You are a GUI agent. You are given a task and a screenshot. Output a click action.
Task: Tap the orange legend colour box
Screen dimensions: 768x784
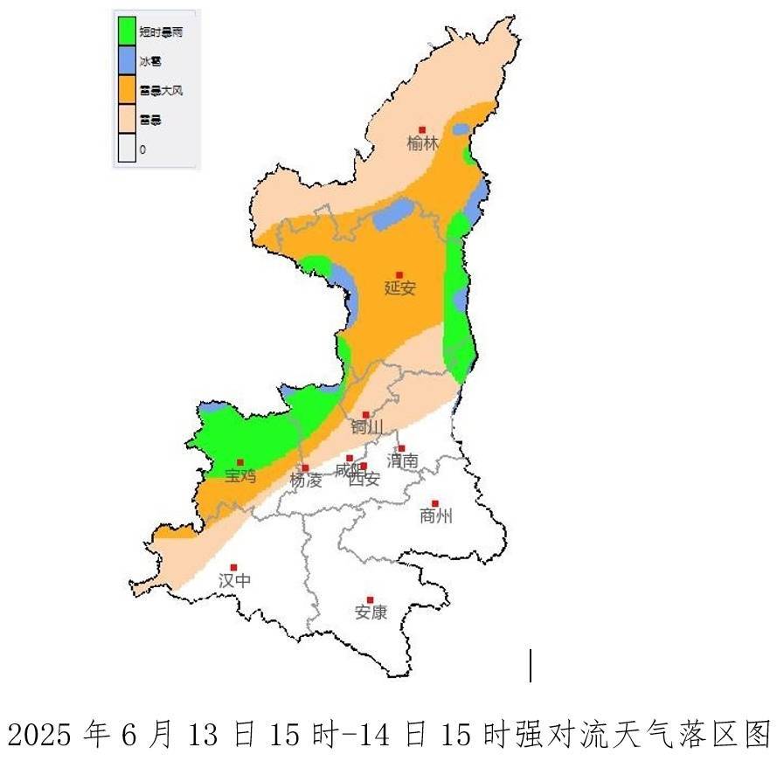[128, 89]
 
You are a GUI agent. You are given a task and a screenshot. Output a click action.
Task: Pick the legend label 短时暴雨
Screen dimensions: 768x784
[161, 31]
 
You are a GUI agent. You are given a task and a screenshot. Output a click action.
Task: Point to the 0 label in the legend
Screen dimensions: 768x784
[142, 149]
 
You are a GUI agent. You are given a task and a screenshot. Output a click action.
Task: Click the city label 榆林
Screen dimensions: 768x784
[423, 144]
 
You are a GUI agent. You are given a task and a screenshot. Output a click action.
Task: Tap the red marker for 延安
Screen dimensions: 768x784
[399, 275]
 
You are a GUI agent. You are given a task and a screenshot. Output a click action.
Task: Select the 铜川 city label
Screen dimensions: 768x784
[367, 427]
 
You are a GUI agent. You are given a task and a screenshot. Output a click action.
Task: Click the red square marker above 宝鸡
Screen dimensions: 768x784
[240, 462]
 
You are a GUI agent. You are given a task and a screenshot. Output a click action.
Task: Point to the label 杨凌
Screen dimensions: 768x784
[306, 480]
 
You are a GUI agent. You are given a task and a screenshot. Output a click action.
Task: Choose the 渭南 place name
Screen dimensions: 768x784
[403, 460]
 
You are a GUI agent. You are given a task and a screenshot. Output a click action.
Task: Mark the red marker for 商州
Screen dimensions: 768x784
[435, 503]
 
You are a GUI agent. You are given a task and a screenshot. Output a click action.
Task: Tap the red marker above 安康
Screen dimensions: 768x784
[371, 600]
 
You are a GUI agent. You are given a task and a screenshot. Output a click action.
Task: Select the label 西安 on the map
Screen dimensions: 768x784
[364, 479]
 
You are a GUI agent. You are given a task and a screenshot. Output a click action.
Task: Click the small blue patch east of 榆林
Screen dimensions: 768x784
[461, 129]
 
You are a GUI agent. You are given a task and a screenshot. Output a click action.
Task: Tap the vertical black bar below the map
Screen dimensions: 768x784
[531, 665]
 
